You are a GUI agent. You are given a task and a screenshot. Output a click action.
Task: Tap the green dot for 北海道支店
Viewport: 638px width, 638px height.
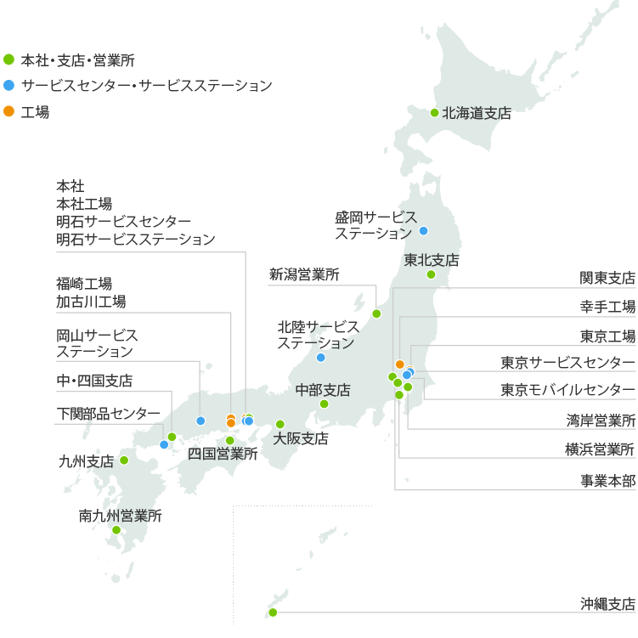(435, 113)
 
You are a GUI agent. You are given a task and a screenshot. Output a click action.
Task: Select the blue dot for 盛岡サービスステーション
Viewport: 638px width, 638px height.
(423, 231)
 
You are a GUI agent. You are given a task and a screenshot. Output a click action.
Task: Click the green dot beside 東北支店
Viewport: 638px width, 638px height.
(431, 274)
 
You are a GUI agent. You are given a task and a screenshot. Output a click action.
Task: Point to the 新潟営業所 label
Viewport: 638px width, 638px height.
(304, 274)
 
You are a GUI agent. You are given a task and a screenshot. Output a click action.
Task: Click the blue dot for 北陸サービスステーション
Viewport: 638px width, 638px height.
(321, 358)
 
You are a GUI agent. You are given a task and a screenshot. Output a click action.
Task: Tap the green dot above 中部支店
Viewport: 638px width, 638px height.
(324, 404)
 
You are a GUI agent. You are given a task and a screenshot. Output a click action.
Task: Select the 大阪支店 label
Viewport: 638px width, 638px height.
(301, 439)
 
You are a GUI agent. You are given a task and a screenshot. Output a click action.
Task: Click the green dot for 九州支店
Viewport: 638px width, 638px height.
(124, 460)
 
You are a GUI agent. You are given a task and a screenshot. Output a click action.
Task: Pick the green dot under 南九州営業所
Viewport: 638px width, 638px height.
(116, 530)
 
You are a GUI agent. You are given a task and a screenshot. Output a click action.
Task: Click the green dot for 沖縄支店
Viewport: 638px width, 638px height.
(273, 612)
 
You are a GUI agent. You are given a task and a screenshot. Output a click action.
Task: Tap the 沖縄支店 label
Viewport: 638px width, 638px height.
(607, 605)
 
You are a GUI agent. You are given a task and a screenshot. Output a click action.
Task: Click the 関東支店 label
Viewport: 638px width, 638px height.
(607, 278)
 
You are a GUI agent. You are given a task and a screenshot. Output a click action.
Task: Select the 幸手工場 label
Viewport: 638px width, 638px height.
(607, 307)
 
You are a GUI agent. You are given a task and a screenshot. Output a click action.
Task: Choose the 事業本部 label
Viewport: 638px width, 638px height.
(607, 480)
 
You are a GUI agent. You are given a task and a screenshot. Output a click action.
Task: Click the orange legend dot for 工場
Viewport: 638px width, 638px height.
(8, 111)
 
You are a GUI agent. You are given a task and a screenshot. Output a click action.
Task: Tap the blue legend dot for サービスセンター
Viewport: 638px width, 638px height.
(8, 86)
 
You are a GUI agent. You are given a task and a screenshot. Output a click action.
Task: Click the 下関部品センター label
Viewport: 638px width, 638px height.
(105, 413)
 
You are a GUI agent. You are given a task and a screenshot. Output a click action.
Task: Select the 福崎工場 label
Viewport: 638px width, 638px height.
(84, 284)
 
